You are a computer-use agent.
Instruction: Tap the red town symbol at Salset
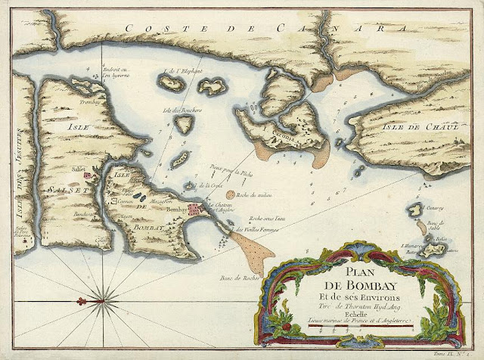(x=90, y=175)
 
